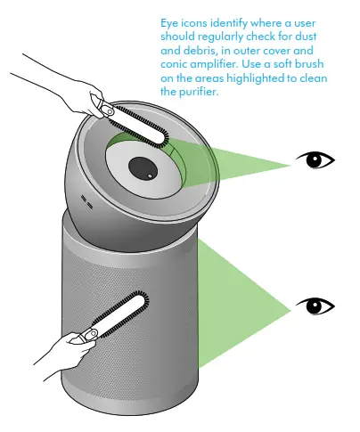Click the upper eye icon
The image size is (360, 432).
tap(315, 159)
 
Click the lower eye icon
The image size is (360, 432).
tap(315, 306)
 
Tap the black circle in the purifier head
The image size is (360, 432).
tap(143, 168)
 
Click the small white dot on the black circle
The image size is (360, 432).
tap(150, 176)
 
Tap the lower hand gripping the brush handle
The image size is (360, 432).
tap(64, 355)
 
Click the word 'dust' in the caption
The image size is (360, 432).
tap(306, 37)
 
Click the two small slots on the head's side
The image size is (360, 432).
tap(86, 201)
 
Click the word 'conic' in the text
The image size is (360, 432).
tap(174, 64)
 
